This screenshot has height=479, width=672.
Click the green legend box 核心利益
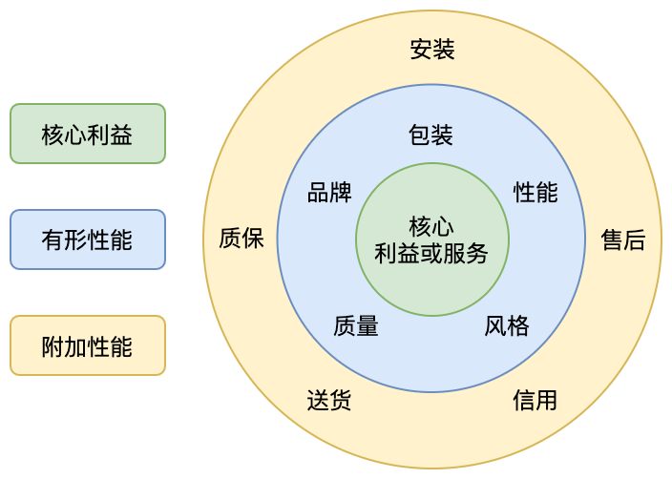87,134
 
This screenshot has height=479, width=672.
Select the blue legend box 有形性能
87,239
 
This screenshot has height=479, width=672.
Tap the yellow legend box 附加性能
87,345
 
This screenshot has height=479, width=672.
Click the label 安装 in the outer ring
432,50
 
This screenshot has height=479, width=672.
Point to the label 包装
430,135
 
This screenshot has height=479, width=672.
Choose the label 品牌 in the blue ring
329,192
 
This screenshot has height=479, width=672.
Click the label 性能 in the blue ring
535,192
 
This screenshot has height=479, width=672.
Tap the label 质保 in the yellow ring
241,239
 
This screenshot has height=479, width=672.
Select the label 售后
623,239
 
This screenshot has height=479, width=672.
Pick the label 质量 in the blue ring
356,326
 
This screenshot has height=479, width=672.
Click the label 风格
507,326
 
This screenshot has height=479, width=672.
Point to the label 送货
329,400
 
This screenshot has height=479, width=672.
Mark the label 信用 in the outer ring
535,400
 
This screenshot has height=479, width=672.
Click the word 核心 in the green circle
431,227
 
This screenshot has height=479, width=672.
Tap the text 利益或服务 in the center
431,254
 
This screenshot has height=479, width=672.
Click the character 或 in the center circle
431,254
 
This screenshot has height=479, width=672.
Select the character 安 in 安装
421,50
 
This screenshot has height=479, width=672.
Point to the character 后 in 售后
635,239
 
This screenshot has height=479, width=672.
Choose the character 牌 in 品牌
341,192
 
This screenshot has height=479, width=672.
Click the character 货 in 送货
341,400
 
